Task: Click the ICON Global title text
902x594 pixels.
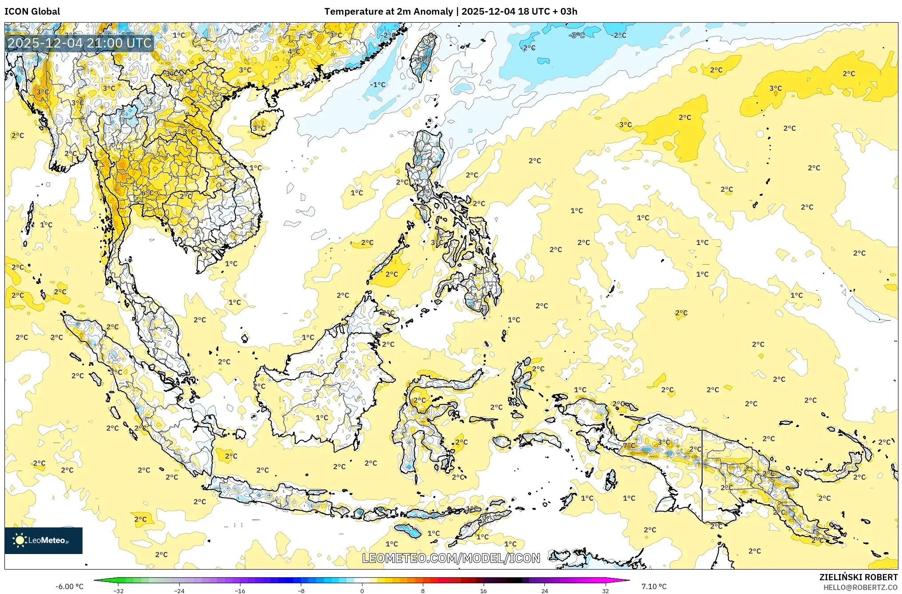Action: (32, 12)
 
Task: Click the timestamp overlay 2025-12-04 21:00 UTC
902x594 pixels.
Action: (80, 43)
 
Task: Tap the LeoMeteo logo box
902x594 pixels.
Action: (43, 540)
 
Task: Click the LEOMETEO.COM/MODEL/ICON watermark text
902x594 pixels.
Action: (451, 558)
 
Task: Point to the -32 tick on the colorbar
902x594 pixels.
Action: (118, 590)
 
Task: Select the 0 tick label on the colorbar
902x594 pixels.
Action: (362, 590)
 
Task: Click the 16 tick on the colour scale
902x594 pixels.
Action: (483, 590)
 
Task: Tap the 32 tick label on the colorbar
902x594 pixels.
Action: (605, 590)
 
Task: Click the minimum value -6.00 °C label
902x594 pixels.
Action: (69, 586)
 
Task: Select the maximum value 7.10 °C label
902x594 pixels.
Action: (654, 586)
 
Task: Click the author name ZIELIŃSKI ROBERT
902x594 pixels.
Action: (858, 577)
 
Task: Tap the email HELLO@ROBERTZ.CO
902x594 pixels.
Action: (860, 587)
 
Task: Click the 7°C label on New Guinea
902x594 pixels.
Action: (629, 445)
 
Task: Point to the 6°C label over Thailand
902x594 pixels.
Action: (147, 193)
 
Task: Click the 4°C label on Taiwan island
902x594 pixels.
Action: (425, 59)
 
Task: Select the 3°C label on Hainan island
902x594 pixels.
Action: (259, 128)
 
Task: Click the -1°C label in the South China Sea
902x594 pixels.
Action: (378, 84)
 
